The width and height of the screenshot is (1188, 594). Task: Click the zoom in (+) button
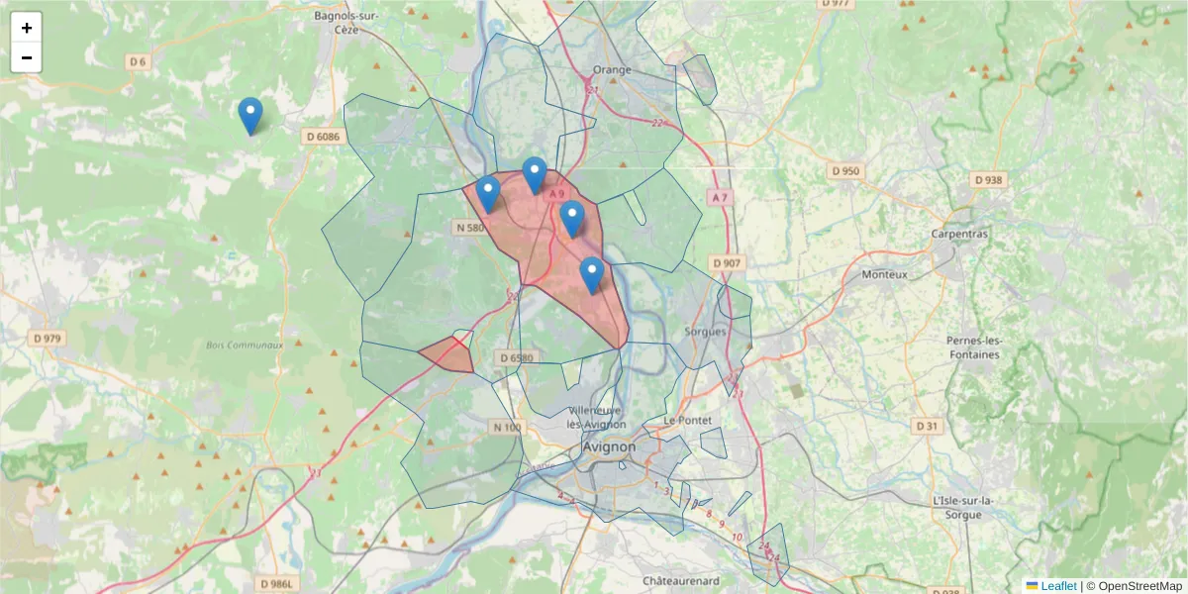(x=27, y=28)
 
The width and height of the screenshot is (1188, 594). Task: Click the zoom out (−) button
(x=27, y=57)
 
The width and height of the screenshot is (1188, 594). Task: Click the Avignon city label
(x=609, y=446)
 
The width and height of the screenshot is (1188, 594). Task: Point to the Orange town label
(x=611, y=70)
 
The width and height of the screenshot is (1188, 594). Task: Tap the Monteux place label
(x=884, y=274)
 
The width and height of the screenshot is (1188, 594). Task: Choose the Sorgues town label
(x=705, y=332)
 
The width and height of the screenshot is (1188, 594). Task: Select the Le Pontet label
(x=688, y=420)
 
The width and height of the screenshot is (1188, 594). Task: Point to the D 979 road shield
(x=47, y=338)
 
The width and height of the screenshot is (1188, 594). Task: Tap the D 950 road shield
(x=845, y=171)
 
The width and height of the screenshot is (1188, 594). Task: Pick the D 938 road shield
(x=988, y=180)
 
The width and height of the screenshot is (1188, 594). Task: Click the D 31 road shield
(x=927, y=426)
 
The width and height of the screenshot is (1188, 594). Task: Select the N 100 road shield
(x=506, y=427)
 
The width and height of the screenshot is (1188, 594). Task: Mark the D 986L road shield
(x=278, y=584)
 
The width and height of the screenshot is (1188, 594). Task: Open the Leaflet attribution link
(x=1057, y=586)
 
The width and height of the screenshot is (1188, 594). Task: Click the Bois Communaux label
(x=244, y=346)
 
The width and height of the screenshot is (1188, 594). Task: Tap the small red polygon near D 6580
(x=446, y=353)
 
